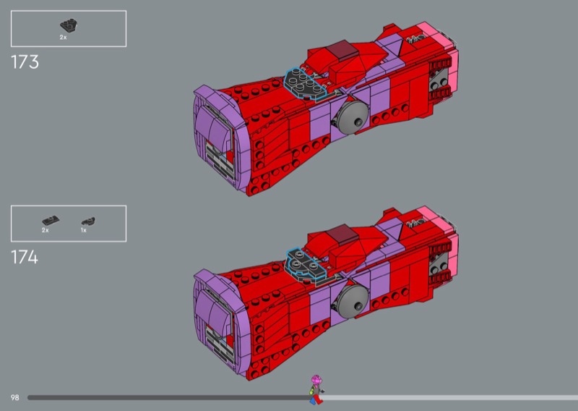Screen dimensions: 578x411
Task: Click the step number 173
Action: pyautogui.click(x=25, y=62)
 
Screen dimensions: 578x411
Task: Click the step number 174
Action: pyautogui.click(x=25, y=257)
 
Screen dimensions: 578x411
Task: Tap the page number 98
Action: pyautogui.click(x=14, y=398)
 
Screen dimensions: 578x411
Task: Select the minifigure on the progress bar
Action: pyautogui.click(x=316, y=389)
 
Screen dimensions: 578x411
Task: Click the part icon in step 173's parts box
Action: pyautogui.click(x=69, y=25)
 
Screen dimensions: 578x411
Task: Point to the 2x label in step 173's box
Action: pyautogui.click(x=63, y=38)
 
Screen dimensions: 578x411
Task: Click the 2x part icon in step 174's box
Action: pyautogui.click(x=51, y=221)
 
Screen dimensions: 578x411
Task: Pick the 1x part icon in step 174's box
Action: pyautogui.click(x=88, y=221)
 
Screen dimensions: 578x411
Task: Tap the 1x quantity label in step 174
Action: pyautogui.click(x=84, y=230)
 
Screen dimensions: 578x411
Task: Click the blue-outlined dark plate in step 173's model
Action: pyautogui.click(x=305, y=84)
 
